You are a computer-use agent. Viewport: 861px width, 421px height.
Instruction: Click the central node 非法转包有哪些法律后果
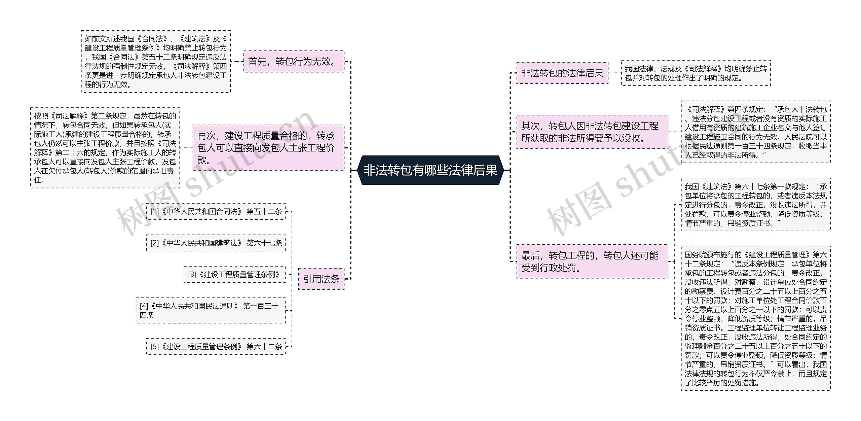(x=430, y=170)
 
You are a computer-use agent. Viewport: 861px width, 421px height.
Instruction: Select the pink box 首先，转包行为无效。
(x=294, y=62)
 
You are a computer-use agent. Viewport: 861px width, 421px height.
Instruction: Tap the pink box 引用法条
(x=321, y=279)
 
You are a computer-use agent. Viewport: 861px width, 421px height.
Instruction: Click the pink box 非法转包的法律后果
(x=562, y=73)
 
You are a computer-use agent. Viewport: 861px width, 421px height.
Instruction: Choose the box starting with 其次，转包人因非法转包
(x=592, y=132)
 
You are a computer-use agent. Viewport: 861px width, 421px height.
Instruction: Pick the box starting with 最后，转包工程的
(x=592, y=261)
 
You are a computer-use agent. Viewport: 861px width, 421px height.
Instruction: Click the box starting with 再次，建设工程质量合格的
(x=268, y=148)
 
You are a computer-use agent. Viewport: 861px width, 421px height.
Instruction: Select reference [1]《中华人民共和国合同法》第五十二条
(x=216, y=212)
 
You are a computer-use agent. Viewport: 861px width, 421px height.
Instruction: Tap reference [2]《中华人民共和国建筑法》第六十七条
(x=216, y=243)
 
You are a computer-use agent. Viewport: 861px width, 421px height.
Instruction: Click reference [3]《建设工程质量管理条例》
(x=234, y=275)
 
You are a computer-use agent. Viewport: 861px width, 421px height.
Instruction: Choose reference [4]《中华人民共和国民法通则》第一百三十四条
(x=211, y=310)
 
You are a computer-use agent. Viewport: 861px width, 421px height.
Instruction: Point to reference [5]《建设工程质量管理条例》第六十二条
(x=216, y=347)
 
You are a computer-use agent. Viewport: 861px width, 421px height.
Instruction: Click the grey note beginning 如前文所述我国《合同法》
(x=156, y=62)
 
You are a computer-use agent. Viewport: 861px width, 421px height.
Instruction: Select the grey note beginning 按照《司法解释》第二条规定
(x=105, y=148)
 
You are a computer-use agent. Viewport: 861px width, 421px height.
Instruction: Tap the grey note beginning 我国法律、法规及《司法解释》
(x=696, y=73)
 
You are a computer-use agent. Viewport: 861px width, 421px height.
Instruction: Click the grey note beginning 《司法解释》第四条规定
(x=755, y=132)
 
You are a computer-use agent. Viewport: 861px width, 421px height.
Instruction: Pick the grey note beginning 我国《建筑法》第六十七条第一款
(x=755, y=205)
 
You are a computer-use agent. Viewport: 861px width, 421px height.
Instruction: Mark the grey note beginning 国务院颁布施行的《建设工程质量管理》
(x=755, y=318)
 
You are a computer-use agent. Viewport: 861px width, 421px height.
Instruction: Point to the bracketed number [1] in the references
(x=155, y=212)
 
